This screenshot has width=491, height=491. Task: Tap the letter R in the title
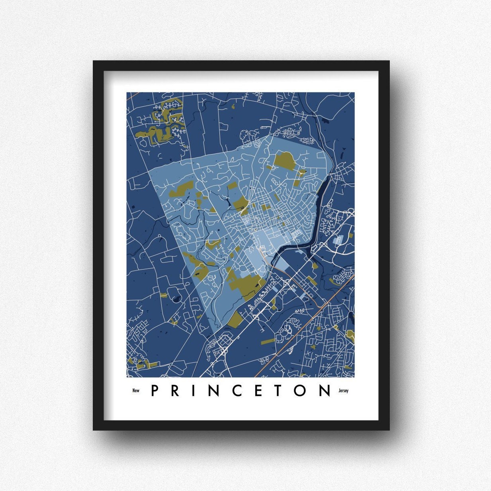pos(175,391)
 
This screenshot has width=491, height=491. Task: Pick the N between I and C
pos(214,391)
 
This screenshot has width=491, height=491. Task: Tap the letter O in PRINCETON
pos(300,391)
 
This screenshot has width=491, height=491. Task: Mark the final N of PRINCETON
pos(325,391)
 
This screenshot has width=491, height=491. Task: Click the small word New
pos(136,391)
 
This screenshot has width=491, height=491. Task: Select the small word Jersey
pos(343,391)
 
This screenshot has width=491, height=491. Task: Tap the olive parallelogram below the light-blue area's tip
pos(235,319)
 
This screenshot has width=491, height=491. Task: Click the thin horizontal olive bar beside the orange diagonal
pos(268,342)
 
